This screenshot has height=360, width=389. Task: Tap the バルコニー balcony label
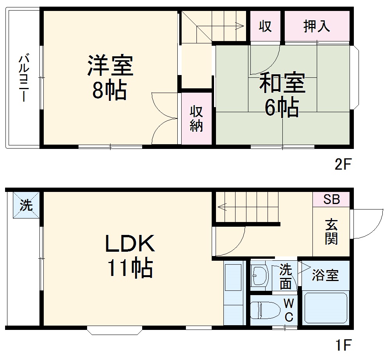(24, 79)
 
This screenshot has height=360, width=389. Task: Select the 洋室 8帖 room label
(110, 77)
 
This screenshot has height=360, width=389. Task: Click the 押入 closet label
(316, 26)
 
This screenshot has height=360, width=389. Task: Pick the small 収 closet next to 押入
(265, 26)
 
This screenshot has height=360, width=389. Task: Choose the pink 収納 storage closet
(196, 119)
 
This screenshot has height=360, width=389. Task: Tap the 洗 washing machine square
(27, 205)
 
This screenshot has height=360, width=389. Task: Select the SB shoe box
(331, 199)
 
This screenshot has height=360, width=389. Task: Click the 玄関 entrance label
(331, 232)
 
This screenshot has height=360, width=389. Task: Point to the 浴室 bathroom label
(325, 275)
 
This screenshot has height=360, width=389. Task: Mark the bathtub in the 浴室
(326, 308)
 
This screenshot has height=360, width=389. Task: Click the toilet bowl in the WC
(266, 312)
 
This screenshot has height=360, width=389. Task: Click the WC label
(288, 310)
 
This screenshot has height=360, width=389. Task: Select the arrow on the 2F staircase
(238, 27)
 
